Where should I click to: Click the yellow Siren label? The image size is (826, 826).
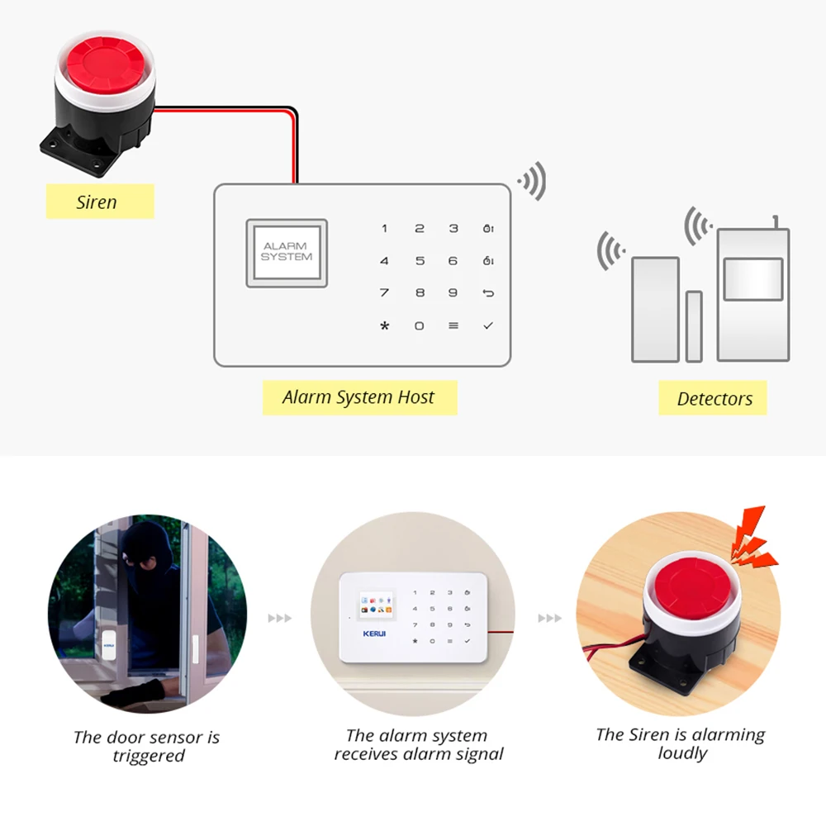(x=99, y=202)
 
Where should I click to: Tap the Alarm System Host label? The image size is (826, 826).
(x=358, y=397)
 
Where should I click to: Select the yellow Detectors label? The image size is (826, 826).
(x=714, y=399)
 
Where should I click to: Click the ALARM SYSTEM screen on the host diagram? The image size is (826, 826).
(x=287, y=253)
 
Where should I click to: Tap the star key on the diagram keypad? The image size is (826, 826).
(x=384, y=326)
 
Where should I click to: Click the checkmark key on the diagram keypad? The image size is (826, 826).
(x=488, y=326)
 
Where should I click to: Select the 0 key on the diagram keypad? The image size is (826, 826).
(x=419, y=326)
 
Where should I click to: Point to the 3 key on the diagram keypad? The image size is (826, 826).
(x=453, y=229)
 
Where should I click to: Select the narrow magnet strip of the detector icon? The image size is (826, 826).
(x=693, y=326)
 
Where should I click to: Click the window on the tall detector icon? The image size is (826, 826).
(x=752, y=279)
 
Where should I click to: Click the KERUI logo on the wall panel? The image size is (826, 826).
(x=374, y=634)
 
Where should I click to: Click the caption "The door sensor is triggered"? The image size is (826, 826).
(x=146, y=747)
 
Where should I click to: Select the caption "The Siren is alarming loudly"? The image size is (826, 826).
(x=681, y=744)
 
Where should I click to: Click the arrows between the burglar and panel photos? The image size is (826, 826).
(x=280, y=618)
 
